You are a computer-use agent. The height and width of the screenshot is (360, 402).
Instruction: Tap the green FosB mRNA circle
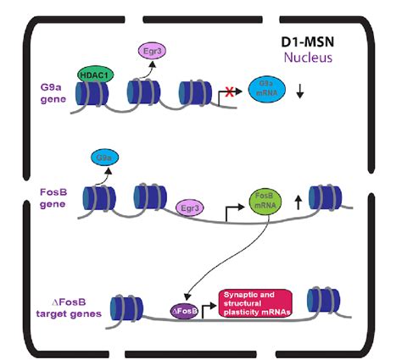[x=264, y=204]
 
